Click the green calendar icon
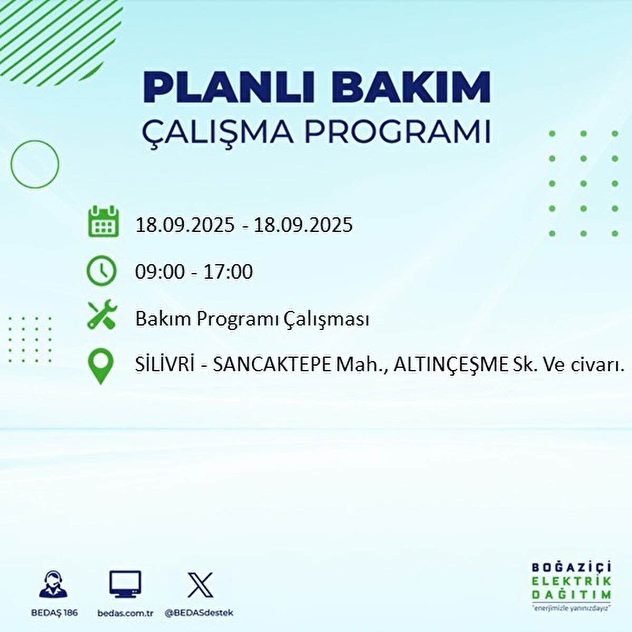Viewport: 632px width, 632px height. point(103,222)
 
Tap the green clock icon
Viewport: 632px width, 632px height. point(101,271)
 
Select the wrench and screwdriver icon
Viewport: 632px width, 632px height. point(102,314)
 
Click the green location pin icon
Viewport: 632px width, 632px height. point(100,367)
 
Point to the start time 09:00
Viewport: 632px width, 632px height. point(160,272)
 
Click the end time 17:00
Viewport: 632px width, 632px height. point(229,272)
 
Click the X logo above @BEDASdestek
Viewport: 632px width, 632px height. point(200,585)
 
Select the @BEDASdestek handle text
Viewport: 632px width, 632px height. point(199,613)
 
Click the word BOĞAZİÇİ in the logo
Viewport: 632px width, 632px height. point(571,567)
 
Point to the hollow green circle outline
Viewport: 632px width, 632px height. point(35,164)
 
